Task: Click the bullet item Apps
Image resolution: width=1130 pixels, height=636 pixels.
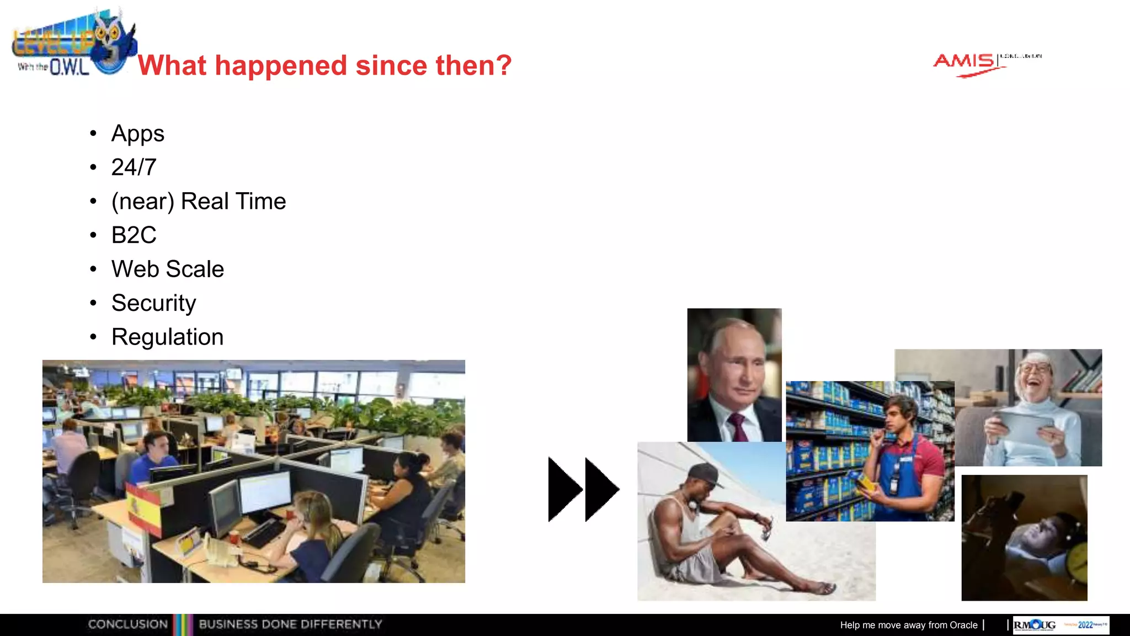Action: click(x=137, y=134)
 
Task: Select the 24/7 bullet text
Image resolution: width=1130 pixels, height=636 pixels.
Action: click(x=134, y=167)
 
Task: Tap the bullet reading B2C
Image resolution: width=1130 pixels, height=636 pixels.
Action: click(x=134, y=235)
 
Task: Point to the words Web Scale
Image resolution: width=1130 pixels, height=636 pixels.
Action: click(x=168, y=269)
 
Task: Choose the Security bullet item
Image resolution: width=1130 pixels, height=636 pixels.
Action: click(x=153, y=303)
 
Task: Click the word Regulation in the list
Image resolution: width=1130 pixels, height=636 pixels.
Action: click(x=167, y=337)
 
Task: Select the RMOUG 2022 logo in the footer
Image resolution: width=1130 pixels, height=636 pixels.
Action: click(x=1060, y=625)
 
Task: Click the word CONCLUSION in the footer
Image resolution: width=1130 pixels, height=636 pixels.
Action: click(x=128, y=624)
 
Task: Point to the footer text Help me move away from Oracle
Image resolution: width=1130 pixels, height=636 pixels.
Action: click(x=908, y=625)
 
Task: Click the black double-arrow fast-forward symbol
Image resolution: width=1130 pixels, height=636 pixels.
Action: click(x=583, y=489)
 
